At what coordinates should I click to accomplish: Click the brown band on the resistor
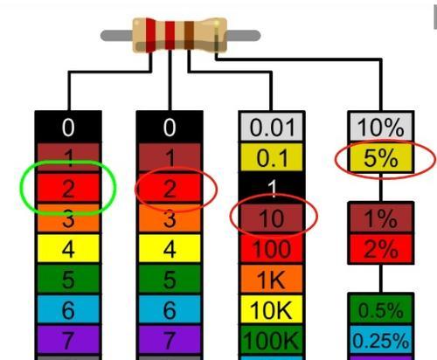[x=189, y=35]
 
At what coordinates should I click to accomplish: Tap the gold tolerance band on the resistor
[x=217, y=36]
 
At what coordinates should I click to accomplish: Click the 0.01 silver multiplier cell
[x=272, y=127]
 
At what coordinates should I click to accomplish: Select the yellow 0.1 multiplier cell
[x=272, y=157]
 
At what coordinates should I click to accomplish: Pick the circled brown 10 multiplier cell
[x=272, y=218]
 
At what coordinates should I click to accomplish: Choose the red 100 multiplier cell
[x=272, y=248]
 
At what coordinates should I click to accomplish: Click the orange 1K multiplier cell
[x=272, y=279]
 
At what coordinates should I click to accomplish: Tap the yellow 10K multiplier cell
[x=272, y=309]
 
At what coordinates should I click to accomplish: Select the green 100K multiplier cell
[x=272, y=340]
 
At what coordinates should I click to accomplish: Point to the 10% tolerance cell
[x=381, y=127]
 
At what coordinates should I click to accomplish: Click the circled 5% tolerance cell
[x=381, y=157]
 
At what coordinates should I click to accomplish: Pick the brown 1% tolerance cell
[x=381, y=218]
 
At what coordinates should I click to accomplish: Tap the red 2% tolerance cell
[x=381, y=248]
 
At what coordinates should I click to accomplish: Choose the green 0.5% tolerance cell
[x=381, y=309]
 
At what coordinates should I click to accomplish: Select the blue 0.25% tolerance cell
[x=381, y=340]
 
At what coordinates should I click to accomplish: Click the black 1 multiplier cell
[x=272, y=188]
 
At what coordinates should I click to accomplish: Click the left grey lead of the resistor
[x=116, y=36]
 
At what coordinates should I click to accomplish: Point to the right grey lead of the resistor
[x=243, y=35]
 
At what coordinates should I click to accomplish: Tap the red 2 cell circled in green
[x=68, y=188]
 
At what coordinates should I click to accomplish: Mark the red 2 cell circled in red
[x=170, y=188]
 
